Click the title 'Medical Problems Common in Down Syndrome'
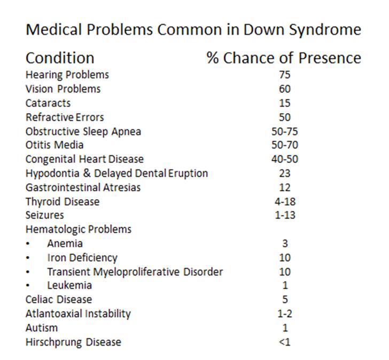(x=193, y=30)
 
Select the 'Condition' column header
(x=60, y=58)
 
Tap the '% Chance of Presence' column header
(x=284, y=58)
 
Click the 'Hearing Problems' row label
(x=67, y=75)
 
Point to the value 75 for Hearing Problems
(x=285, y=75)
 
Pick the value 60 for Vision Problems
(x=285, y=89)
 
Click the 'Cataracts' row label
(x=48, y=103)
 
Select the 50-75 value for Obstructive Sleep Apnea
(x=285, y=131)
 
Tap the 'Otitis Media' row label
(x=55, y=145)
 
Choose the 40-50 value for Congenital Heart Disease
(x=285, y=159)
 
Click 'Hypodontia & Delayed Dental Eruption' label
(x=116, y=174)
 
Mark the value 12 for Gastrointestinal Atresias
(x=285, y=187)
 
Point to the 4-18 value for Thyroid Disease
(x=285, y=202)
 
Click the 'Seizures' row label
(x=45, y=216)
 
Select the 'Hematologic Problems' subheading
(x=79, y=230)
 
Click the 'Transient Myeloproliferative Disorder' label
(x=135, y=272)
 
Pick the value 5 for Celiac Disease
(x=285, y=300)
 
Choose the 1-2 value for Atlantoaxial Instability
(x=285, y=314)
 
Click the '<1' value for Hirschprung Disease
(x=285, y=342)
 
